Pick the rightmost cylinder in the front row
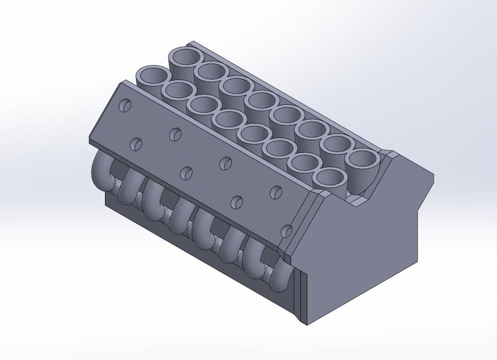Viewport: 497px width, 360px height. pyautogui.click(x=329, y=178)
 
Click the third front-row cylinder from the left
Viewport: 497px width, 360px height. pyautogui.click(x=203, y=105)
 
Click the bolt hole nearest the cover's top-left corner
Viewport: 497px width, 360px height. pyautogui.click(x=126, y=105)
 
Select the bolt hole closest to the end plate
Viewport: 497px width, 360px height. pyautogui.click(x=285, y=232)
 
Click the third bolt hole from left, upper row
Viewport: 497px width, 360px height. pyautogui.click(x=225, y=161)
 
